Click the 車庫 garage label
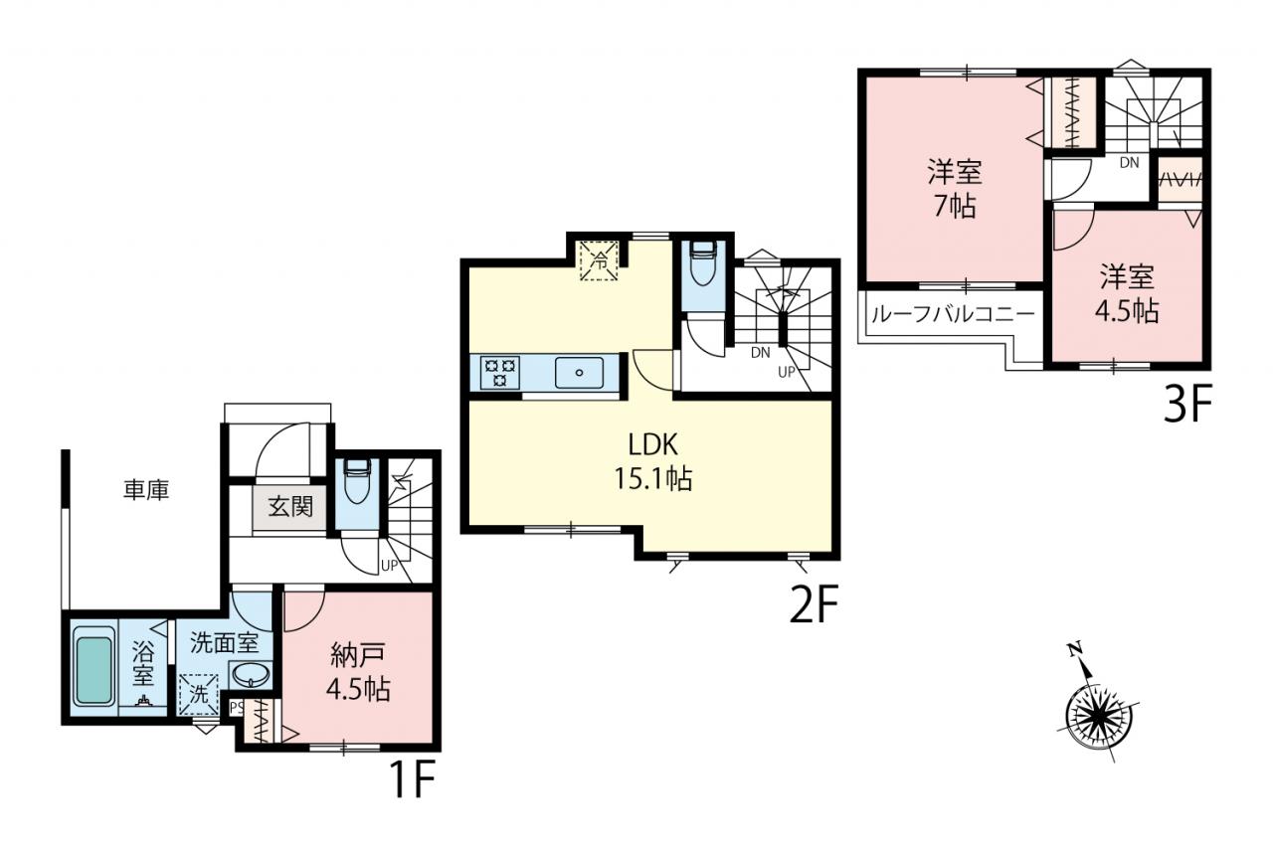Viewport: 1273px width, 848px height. coord(146,490)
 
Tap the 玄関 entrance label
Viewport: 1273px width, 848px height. coord(290,506)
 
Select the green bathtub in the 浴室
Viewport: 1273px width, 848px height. coord(93,671)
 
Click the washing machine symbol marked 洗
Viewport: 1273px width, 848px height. coord(198,695)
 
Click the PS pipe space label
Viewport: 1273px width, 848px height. coord(237,708)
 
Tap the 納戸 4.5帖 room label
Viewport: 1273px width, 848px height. coord(358,673)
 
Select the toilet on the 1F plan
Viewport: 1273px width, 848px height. coord(357,481)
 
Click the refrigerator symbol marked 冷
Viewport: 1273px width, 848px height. coord(599,260)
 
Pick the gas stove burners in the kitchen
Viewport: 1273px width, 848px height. coord(500,372)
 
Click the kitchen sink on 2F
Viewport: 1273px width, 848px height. coord(579,373)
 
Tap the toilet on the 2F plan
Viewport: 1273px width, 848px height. coord(703,263)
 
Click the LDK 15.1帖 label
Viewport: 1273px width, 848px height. coord(653,461)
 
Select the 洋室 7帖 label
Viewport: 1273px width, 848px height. coord(956,189)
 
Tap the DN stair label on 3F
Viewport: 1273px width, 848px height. coord(1129,162)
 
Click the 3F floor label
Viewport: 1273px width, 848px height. coord(1187,404)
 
